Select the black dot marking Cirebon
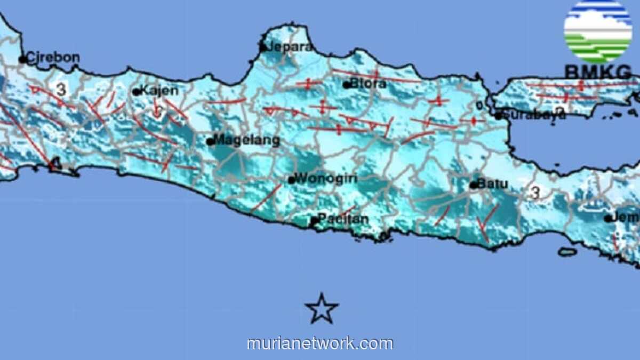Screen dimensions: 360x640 point(22,59)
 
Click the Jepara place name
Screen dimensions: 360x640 point(291,46)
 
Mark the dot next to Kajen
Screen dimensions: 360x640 point(137,92)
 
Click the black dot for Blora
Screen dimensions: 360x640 point(347,84)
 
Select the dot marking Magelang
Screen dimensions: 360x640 point(211,142)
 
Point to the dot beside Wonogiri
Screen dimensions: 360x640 point(292,180)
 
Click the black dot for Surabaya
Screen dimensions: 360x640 point(498,115)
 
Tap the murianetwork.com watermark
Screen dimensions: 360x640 point(320,343)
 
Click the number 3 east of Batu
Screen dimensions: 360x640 point(535,193)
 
